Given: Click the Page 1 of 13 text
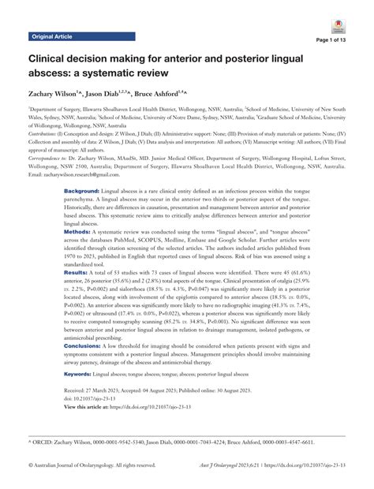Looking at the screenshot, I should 340,40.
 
